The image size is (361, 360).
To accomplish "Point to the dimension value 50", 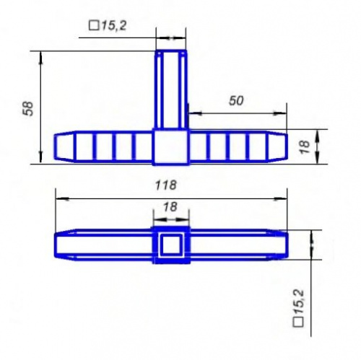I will coord(235,102).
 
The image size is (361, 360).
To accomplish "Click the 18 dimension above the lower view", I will coord(170,206).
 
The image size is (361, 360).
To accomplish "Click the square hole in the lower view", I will coord(171,245).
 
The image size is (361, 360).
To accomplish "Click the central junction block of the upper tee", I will coord(171,146).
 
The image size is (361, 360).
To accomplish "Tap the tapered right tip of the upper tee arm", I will coord(279,146).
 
